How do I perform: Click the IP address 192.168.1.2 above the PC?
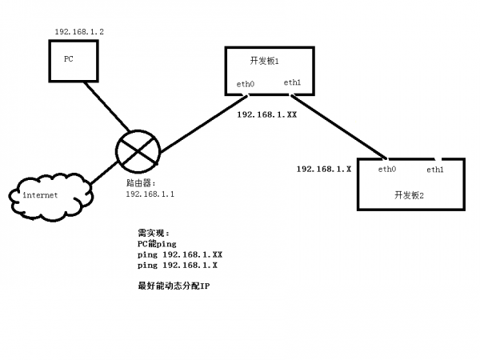[79, 31]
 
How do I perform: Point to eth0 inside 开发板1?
[246, 83]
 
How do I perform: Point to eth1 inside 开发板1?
[292, 82]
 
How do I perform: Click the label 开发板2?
[409, 194]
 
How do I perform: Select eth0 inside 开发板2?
[387, 170]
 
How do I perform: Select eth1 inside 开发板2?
[435, 170]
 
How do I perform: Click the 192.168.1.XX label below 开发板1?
[267, 115]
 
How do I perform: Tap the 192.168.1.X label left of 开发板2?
[324, 170]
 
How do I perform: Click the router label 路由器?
[144, 183]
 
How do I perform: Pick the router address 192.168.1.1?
[150, 194]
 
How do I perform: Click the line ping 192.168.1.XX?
[179, 254]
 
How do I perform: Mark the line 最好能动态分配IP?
[173, 285]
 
